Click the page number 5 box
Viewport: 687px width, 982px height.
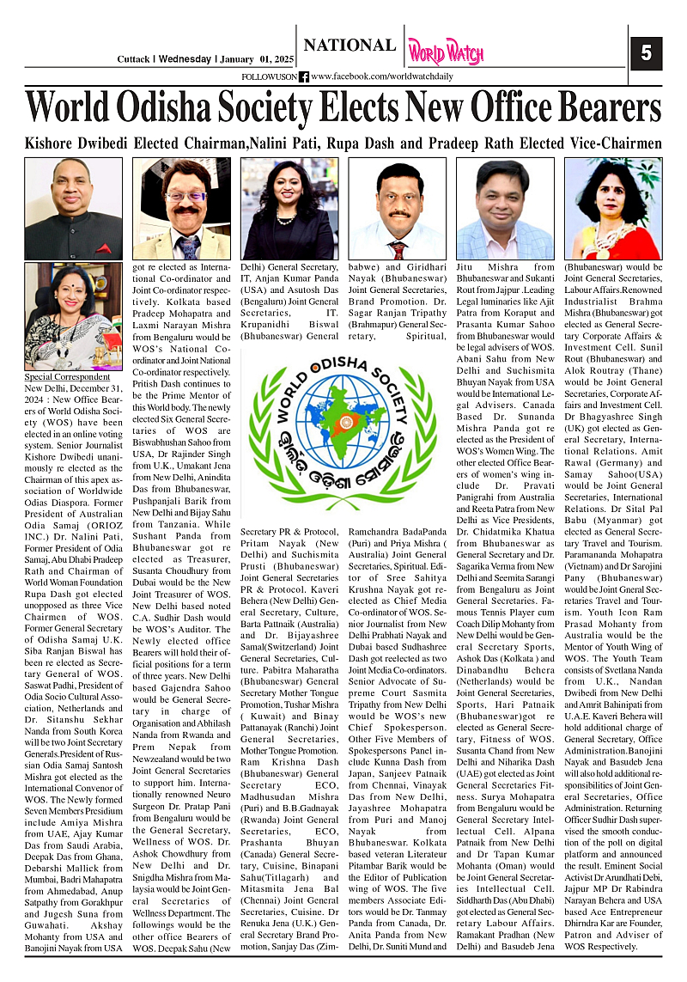[x=645, y=54]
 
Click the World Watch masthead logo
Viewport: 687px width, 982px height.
[x=445, y=52]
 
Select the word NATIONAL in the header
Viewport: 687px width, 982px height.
[x=350, y=46]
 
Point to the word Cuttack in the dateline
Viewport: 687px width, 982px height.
[x=135, y=59]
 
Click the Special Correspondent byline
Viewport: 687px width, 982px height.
[x=56, y=377]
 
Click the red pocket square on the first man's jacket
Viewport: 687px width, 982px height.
[x=104, y=249]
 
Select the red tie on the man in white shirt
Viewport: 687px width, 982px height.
[x=397, y=249]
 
